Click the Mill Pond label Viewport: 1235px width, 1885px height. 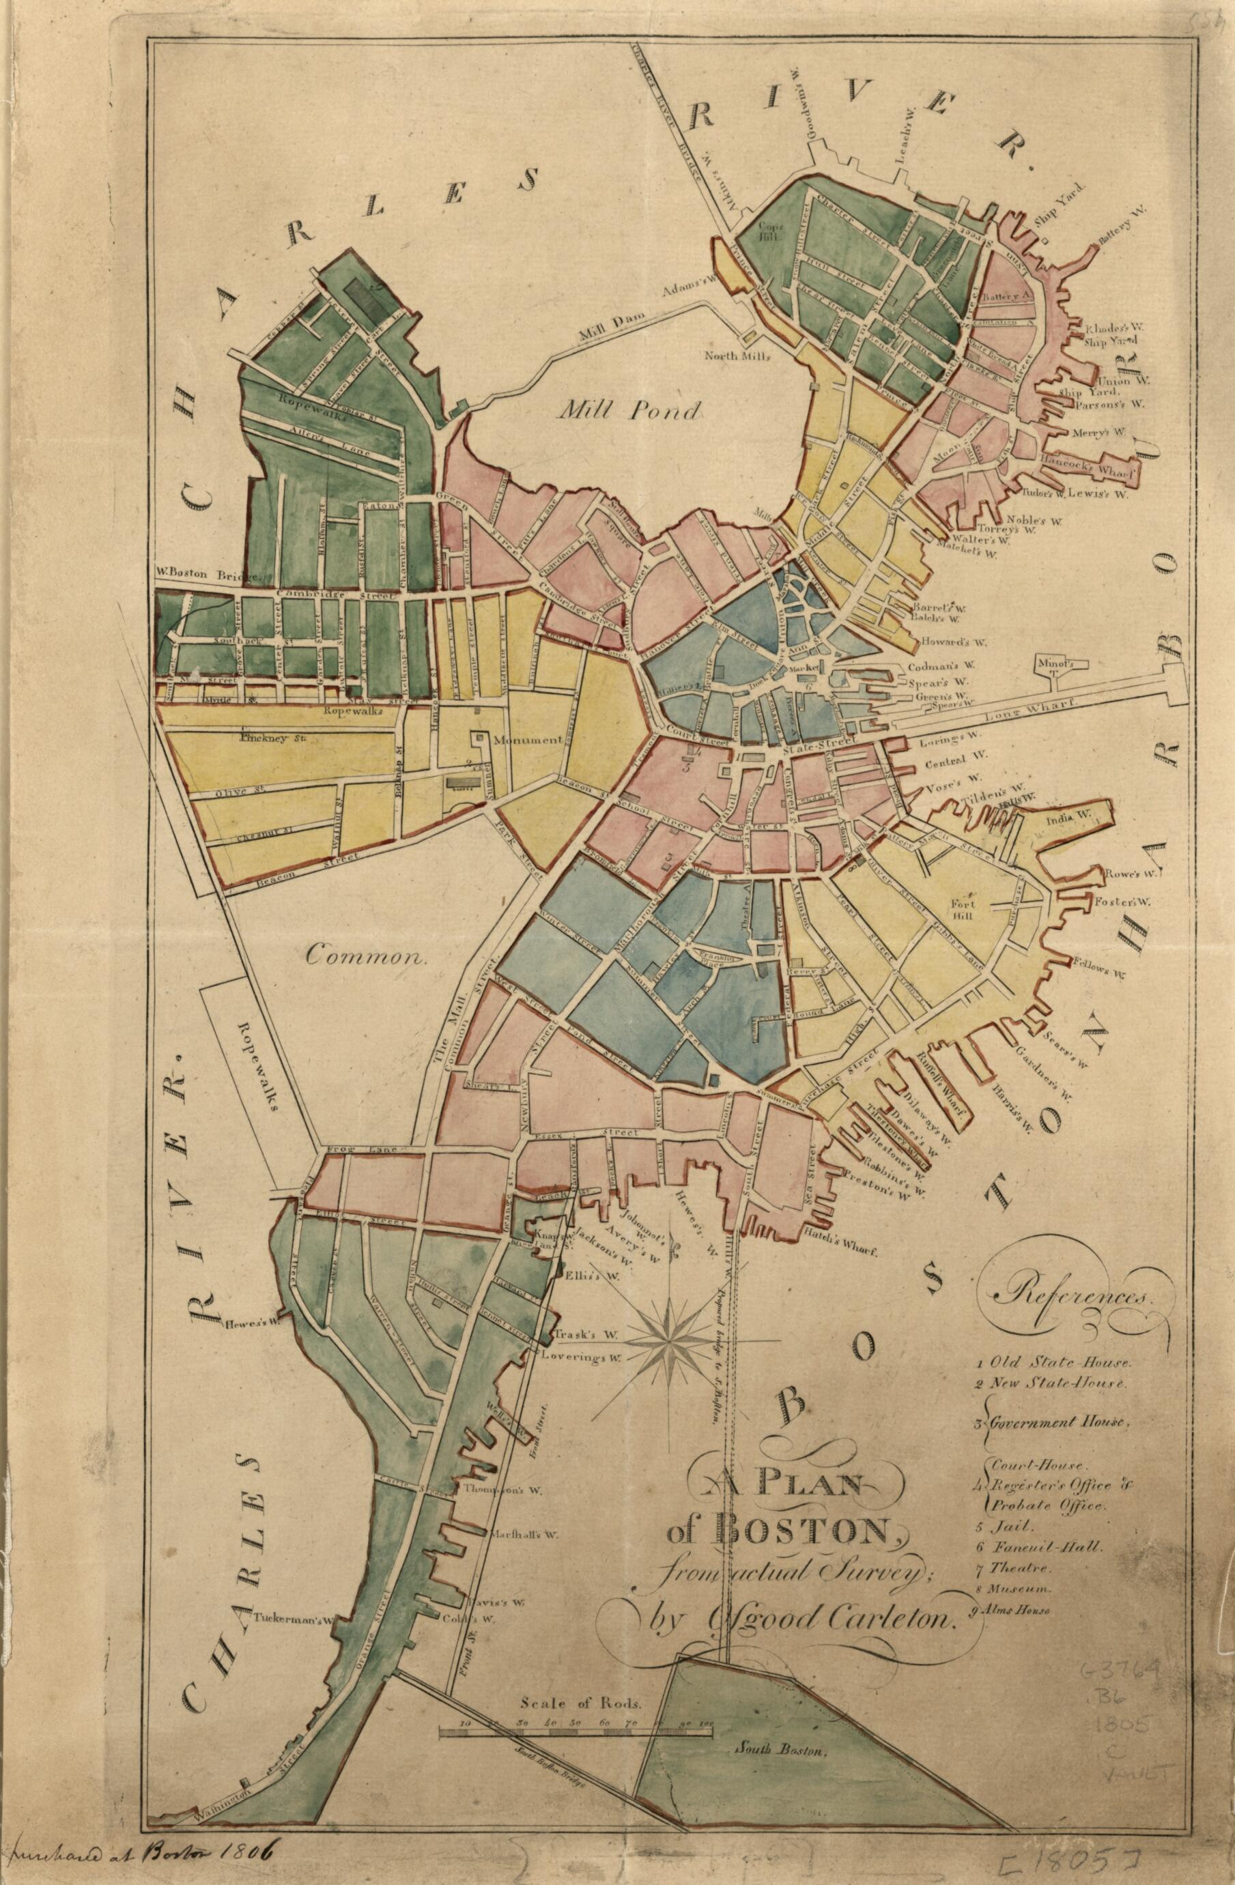[629, 409]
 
